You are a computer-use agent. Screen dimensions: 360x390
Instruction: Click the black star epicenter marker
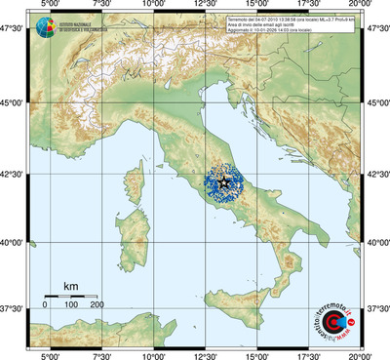(224, 181)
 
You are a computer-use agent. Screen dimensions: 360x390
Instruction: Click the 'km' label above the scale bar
(70, 286)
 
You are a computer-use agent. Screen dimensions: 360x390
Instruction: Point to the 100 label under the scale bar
(71, 305)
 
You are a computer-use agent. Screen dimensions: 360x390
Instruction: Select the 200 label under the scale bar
(97, 305)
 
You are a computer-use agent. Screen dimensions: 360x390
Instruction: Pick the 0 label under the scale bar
(45, 305)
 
